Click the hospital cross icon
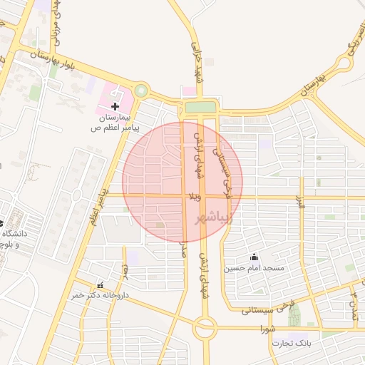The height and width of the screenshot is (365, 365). click(115, 106)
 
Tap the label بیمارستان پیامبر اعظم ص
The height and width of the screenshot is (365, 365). click(114, 122)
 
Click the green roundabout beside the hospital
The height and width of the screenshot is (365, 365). click(141, 91)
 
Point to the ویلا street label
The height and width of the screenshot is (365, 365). click(193, 195)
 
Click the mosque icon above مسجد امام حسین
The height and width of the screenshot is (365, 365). click(254, 257)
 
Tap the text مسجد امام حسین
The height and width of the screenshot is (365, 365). click(254, 269)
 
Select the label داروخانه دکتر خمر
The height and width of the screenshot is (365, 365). click(98, 295)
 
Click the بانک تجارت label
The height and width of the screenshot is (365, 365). click(291, 344)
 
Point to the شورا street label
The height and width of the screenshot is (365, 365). click(268, 329)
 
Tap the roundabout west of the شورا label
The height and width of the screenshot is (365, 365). click(205, 329)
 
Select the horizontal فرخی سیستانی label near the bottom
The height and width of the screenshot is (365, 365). click(268, 309)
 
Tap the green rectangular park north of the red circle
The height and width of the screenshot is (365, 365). click(200, 108)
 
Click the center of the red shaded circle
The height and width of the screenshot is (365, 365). click(182, 182)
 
